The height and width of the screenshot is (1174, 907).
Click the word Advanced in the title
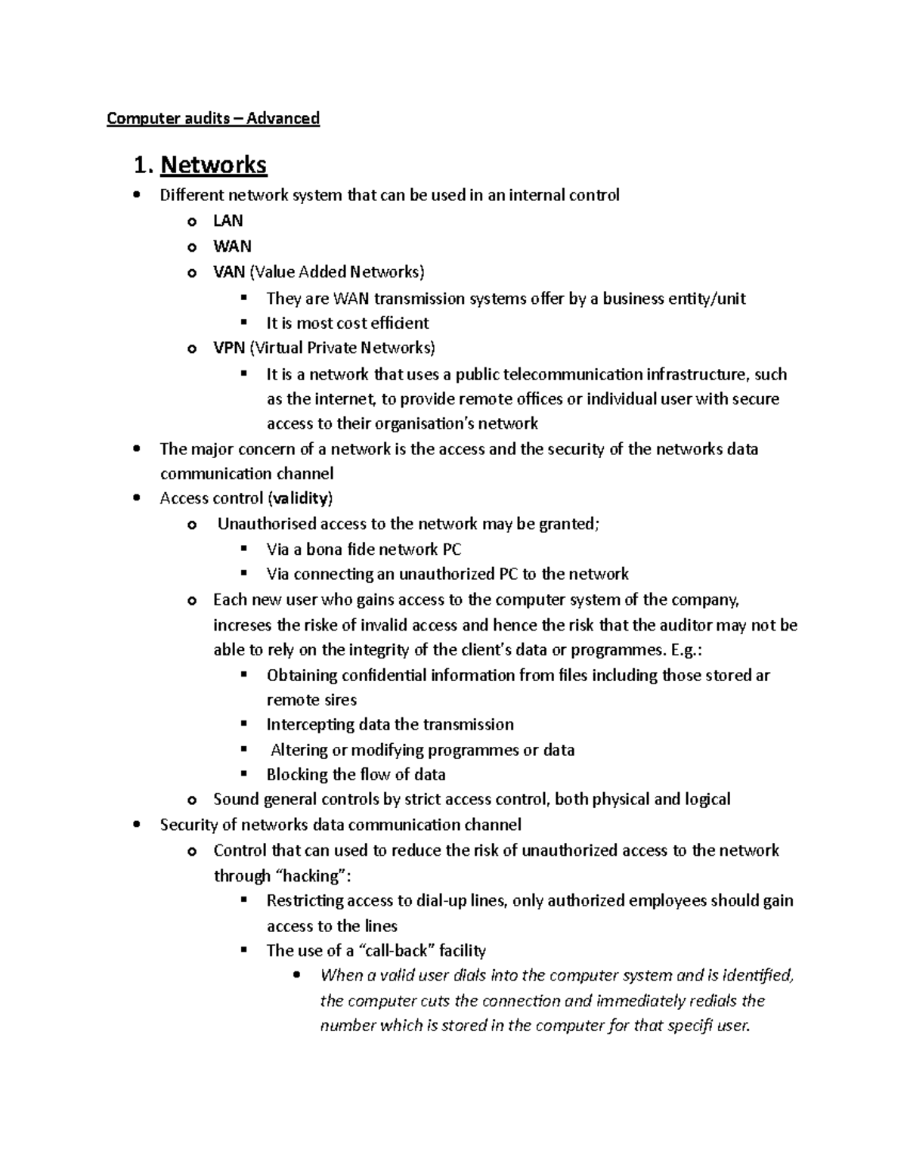(283, 119)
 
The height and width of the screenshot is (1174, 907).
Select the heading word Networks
(214, 165)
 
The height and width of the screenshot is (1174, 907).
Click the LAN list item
(228, 221)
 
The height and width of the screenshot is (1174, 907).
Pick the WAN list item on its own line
(232, 246)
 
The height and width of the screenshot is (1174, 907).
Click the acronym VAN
(229, 272)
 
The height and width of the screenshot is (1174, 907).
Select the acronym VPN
(229, 348)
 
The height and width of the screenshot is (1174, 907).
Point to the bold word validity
(300, 499)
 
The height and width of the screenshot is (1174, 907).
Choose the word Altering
(299, 750)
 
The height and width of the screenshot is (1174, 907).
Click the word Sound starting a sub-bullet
(235, 800)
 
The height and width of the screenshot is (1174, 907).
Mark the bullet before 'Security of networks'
(135, 825)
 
